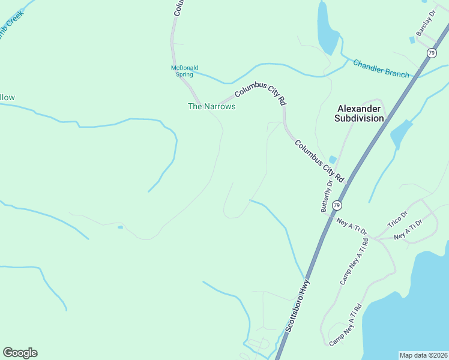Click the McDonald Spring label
point(185,71)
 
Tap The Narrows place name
point(211,106)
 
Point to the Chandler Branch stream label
point(381,68)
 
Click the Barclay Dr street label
point(426,23)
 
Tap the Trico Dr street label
point(397,219)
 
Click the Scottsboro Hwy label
point(297,306)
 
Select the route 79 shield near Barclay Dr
point(432,53)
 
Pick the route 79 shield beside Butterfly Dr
point(337,205)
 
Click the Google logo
point(20,353)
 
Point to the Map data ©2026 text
point(423,355)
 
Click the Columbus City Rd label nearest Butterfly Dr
point(318,161)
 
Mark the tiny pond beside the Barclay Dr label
point(412,40)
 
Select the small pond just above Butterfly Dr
point(333,160)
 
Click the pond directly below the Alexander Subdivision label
point(400,134)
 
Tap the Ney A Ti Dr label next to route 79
point(351,226)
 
